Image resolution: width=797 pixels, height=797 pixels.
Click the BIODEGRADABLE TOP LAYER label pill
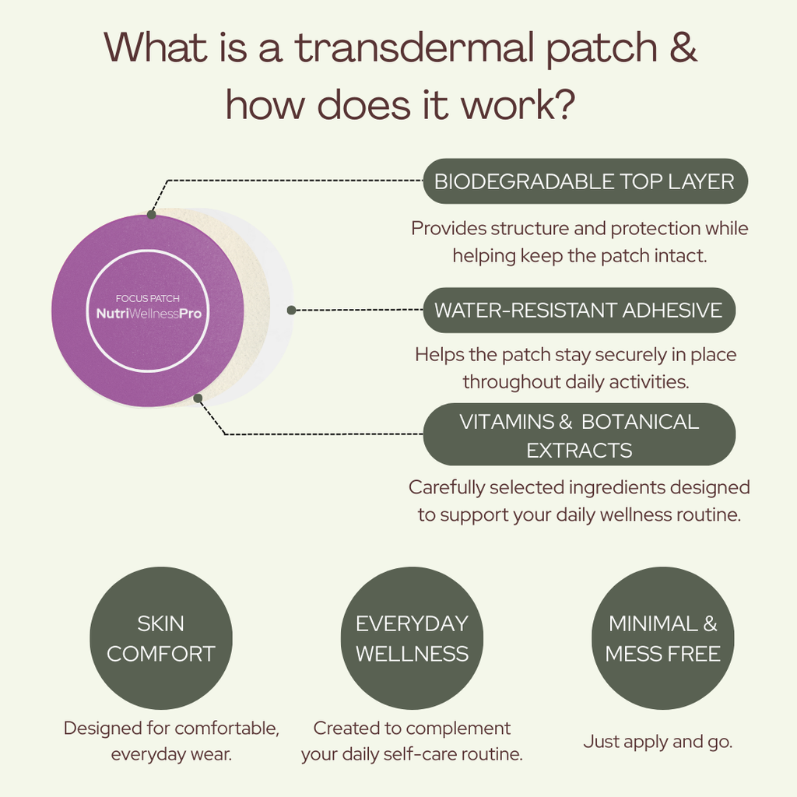click(x=585, y=181)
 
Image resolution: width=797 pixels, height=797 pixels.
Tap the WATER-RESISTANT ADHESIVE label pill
click(x=578, y=310)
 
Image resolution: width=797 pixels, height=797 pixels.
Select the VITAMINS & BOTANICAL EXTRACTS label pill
click(x=579, y=435)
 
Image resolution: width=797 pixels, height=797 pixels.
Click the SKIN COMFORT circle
click(x=161, y=638)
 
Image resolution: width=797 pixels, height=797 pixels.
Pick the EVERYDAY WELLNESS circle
click(x=412, y=638)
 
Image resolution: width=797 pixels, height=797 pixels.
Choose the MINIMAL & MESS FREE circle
click(x=662, y=638)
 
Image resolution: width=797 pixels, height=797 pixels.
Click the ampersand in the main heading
click(x=683, y=47)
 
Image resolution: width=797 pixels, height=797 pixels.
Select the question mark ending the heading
click(x=563, y=105)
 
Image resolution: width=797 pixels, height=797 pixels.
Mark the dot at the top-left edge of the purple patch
click(x=151, y=215)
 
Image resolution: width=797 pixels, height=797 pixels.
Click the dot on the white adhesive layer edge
click(x=291, y=310)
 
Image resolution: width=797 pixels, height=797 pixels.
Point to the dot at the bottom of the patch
click(x=198, y=398)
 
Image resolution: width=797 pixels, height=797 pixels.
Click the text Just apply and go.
click(x=658, y=742)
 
